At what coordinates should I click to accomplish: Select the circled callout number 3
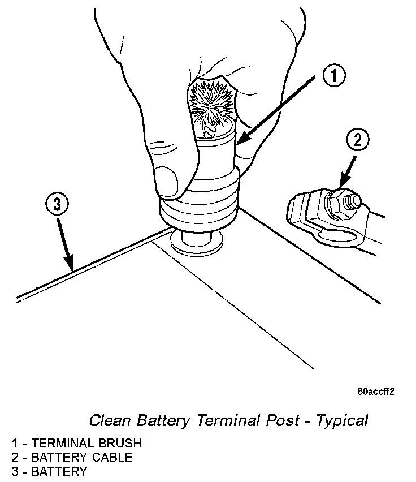pos(57,205)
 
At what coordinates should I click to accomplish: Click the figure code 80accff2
pos(376,391)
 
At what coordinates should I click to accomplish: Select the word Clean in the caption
pos(108,420)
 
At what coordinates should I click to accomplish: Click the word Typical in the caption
pos(342,420)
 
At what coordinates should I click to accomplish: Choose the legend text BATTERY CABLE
pos(81,457)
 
